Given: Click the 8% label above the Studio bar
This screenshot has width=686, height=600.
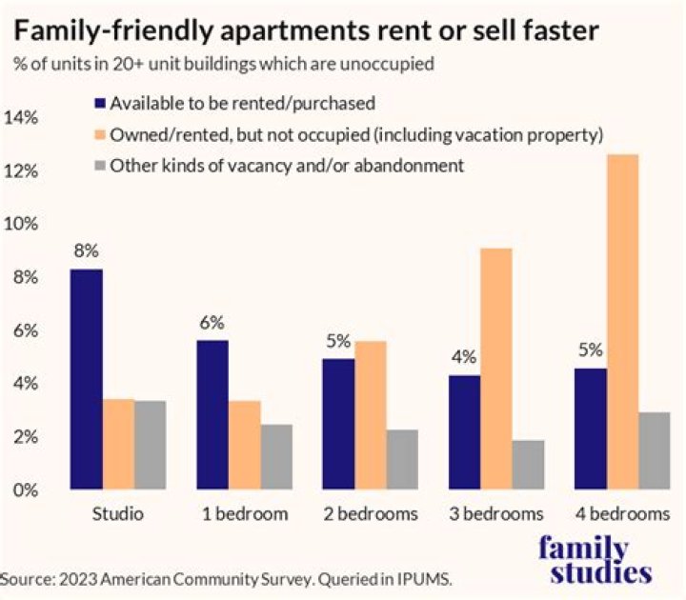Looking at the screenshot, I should click(87, 252).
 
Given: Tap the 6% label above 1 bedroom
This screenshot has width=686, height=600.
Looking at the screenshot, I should click(212, 323).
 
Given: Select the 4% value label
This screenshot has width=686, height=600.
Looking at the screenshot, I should click(464, 358).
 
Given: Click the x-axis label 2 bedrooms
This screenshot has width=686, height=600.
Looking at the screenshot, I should click(371, 514).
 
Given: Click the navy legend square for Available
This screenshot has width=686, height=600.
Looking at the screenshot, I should click(99, 103).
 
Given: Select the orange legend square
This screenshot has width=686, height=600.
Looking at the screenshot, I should click(99, 134).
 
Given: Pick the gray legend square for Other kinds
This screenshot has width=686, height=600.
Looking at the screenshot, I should click(99, 166).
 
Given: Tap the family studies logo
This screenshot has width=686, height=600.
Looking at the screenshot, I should click(595, 560).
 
